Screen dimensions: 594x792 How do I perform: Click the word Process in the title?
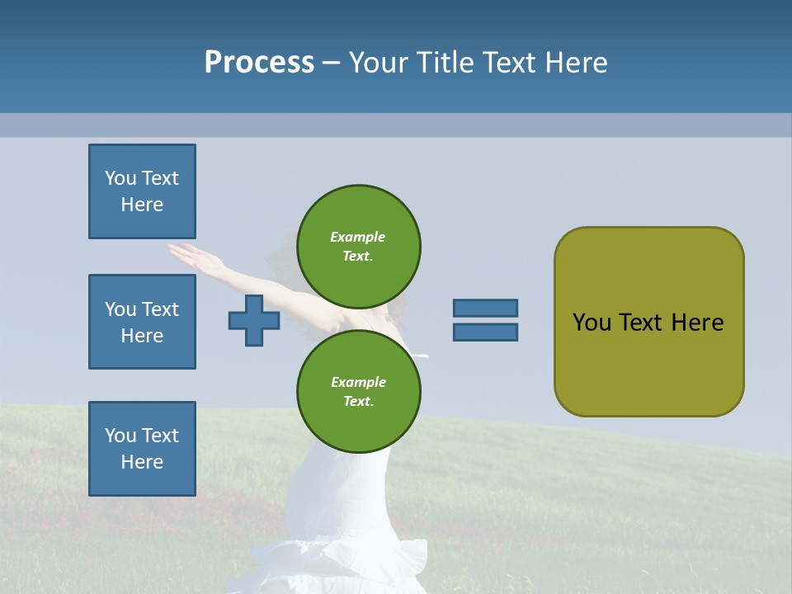[x=259, y=63]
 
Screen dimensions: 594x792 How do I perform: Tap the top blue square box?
[x=142, y=191]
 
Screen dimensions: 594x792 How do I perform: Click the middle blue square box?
[x=142, y=322]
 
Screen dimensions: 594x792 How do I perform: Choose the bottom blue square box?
[x=142, y=449]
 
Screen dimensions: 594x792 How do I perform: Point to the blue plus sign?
[x=254, y=320]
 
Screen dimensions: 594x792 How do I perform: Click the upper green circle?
[x=358, y=246]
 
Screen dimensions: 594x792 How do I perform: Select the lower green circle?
[x=358, y=391]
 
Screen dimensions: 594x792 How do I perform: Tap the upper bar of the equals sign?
[x=485, y=308]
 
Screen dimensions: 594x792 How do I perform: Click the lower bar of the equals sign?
[x=485, y=332]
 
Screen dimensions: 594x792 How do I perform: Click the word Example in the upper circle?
[x=357, y=237]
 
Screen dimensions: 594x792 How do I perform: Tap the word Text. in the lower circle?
[x=358, y=401]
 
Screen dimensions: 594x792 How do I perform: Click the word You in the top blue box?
[x=120, y=178]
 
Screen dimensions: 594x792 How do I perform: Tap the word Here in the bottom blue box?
[x=142, y=462]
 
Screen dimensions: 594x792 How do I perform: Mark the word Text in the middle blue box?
[x=160, y=309]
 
